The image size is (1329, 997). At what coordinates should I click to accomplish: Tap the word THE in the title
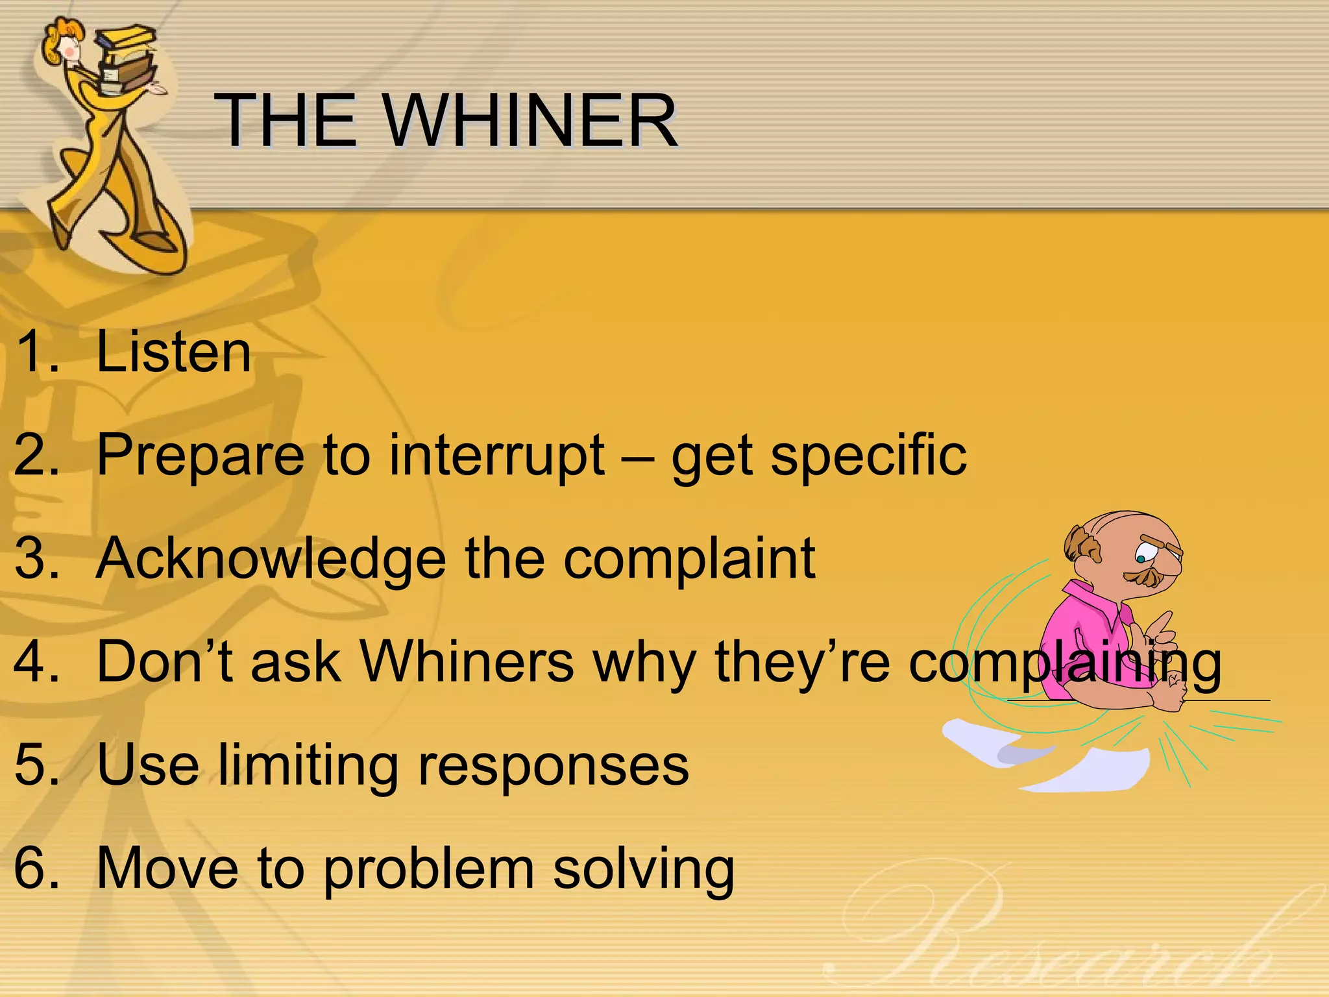pyautogui.click(x=286, y=121)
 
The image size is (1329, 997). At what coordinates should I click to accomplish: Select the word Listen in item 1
pyautogui.click(x=173, y=352)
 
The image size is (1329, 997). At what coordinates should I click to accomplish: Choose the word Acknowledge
pyautogui.click(x=271, y=559)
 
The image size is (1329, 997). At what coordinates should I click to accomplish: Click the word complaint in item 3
pyautogui.click(x=689, y=559)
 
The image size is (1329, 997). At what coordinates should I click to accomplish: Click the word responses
pyautogui.click(x=553, y=766)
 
